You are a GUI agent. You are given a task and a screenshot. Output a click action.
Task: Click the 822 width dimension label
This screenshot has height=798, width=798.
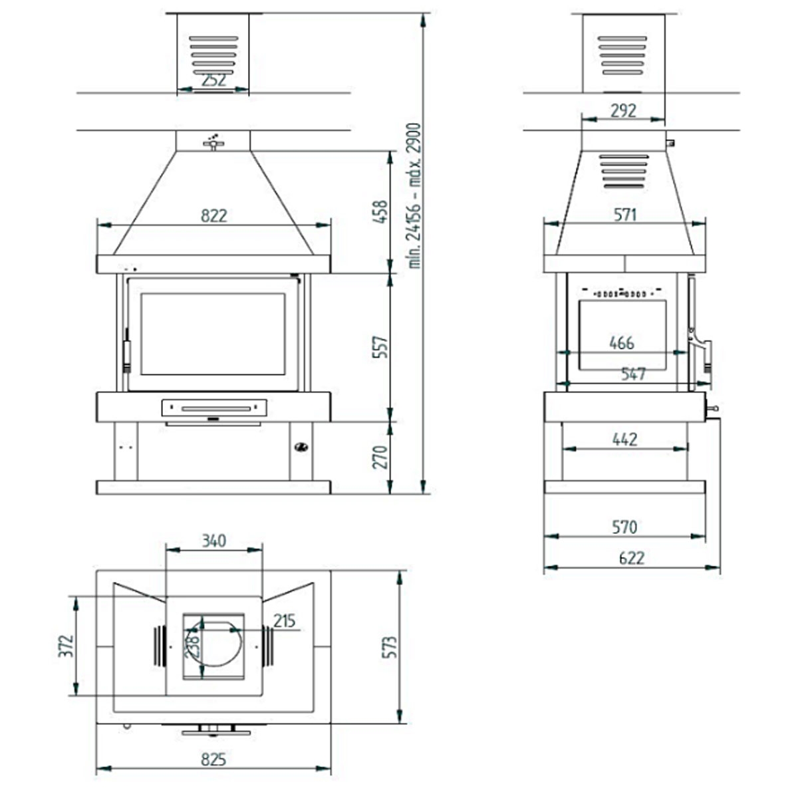(x=214, y=215)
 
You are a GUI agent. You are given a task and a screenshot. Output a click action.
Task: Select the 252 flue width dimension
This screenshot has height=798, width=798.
(x=213, y=80)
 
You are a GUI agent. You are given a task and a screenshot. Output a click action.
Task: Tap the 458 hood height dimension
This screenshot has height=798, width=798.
(x=380, y=211)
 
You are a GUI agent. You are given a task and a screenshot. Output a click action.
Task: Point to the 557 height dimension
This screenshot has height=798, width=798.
(x=380, y=347)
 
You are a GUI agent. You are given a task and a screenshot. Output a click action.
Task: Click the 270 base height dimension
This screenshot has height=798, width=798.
(x=380, y=458)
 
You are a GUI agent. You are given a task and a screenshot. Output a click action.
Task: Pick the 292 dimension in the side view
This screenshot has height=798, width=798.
(x=623, y=110)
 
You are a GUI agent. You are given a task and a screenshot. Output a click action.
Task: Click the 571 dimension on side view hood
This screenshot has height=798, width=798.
(x=625, y=215)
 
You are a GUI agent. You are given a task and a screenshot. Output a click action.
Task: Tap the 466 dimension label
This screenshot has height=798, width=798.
(x=622, y=343)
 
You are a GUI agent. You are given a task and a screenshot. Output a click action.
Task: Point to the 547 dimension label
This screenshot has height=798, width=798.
(x=633, y=374)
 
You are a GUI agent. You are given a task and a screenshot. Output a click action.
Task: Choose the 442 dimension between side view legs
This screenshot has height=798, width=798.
(x=624, y=439)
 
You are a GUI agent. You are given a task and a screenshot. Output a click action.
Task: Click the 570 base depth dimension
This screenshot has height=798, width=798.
(x=624, y=527)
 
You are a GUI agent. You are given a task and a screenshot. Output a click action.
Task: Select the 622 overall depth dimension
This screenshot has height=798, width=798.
(x=631, y=558)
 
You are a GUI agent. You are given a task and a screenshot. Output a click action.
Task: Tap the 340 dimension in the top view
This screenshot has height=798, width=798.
(x=213, y=541)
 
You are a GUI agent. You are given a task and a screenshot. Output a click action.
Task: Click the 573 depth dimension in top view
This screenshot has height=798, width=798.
(x=389, y=647)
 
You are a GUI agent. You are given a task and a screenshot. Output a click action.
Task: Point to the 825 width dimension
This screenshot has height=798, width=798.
(x=213, y=759)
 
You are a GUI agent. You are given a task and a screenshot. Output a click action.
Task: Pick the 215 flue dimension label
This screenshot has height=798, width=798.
(x=284, y=621)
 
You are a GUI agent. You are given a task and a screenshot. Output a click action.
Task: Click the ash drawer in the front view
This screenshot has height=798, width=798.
(x=214, y=408)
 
